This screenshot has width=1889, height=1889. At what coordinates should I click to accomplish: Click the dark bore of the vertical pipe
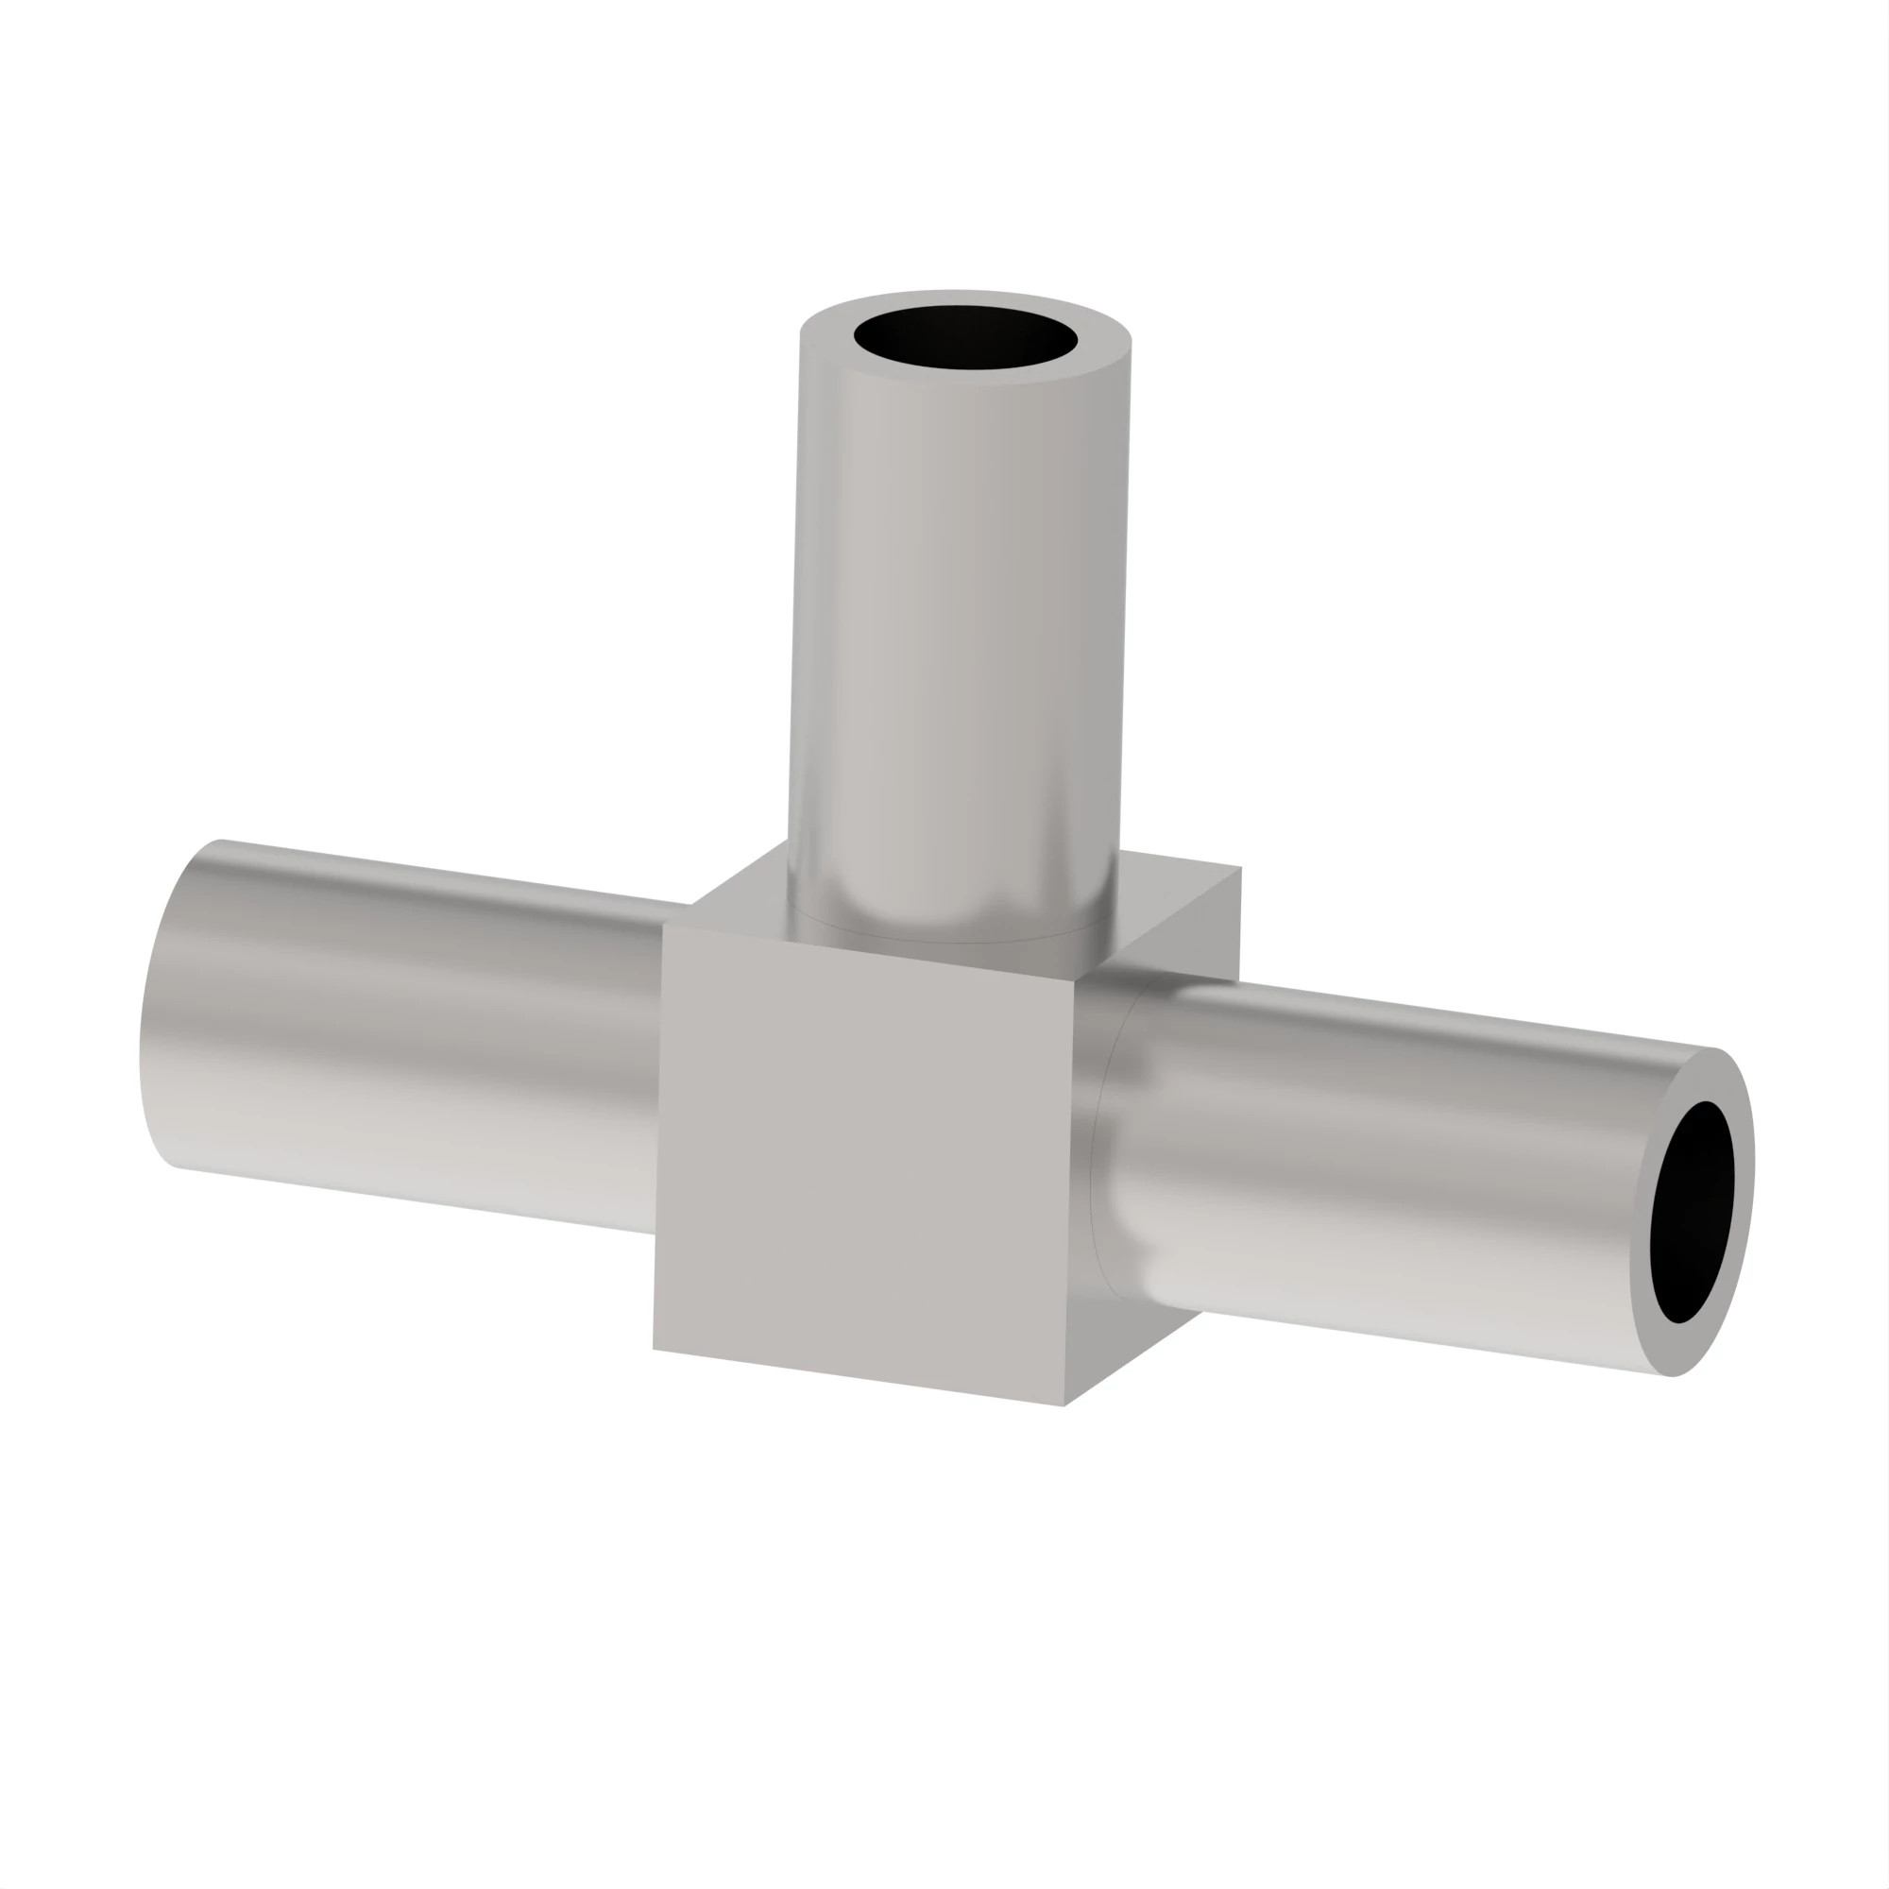coord(965,338)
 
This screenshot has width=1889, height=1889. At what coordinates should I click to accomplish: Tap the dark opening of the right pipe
coord(1691,1213)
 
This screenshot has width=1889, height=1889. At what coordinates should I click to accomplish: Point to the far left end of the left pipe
coord(146,1017)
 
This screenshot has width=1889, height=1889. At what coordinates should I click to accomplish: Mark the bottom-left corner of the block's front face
coord(655,1351)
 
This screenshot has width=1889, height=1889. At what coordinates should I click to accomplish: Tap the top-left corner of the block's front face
coord(664,925)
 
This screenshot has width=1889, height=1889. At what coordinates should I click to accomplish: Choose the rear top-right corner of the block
coord(1240,867)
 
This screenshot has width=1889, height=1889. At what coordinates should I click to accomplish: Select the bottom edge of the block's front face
coord(860,1379)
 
